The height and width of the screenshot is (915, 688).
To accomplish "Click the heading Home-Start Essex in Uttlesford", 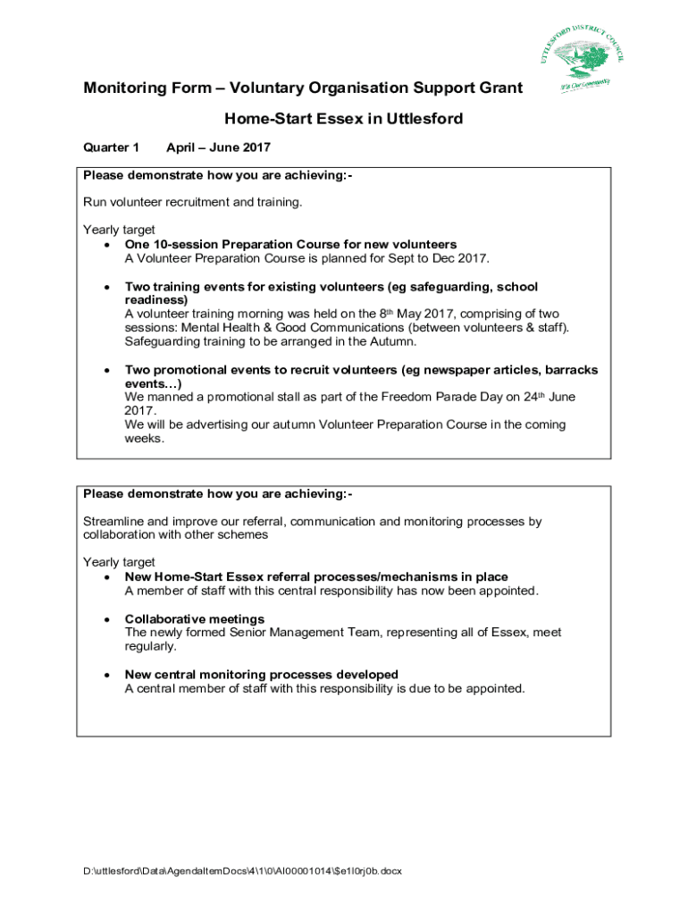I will pyautogui.click(x=343, y=118).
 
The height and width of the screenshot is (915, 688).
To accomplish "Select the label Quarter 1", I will pyautogui.click(x=111, y=147).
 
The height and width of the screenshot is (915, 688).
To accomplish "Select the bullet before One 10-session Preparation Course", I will pyautogui.click(x=107, y=245).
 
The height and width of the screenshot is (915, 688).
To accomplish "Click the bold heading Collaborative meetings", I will pyautogui.click(x=194, y=619).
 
